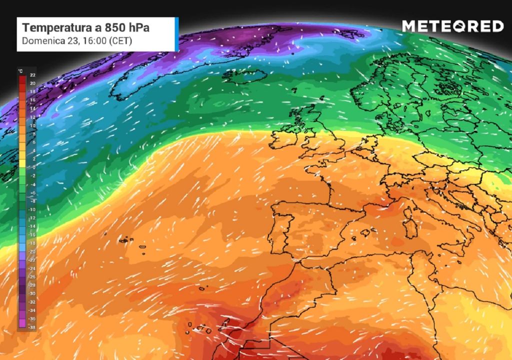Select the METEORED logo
tap(452, 26)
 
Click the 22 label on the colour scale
tap(32, 74)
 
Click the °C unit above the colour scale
tap(20, 71)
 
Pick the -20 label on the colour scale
tap(32, 250)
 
